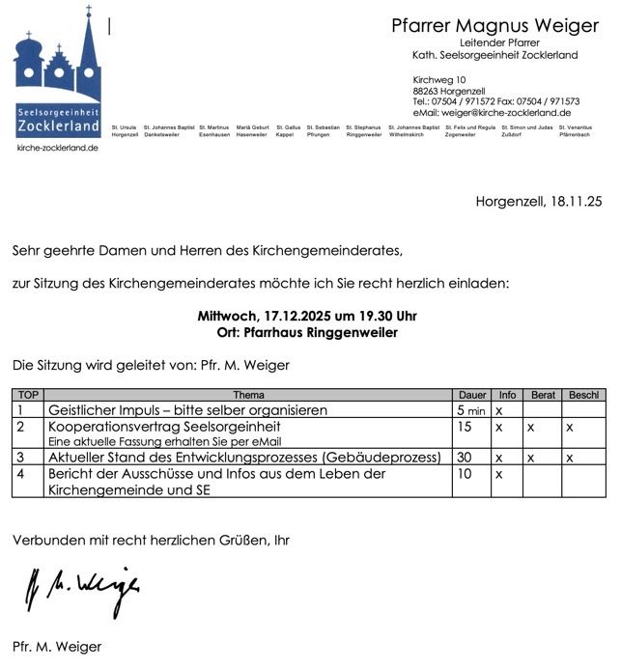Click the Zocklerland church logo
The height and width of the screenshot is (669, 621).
pyautogui.click(x=57, y=73)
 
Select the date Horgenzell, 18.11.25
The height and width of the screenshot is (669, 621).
pyautogui.click(x=538, y=202)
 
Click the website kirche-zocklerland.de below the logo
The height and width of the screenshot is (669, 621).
pyautogui.click(x=57, y=148)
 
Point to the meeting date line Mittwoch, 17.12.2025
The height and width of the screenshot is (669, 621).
pyautogui.click(x=307, y=317)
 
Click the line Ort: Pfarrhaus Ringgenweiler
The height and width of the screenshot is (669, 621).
pyautogui.click(x=307, y=333)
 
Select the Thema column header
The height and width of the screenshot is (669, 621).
pyautogui.click(x=248, y=395)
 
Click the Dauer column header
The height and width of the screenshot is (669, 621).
pyautogui.click(x=472, y=395)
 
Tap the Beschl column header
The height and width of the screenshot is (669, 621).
pyautogui.click(x=583, y=395)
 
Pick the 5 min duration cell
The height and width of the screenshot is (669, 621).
pyautogui.click(x=471, y=410)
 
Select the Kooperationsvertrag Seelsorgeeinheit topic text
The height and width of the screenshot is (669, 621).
pyautogui.click(x=164, y=426)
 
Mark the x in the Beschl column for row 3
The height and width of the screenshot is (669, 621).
pyautogui.click(x=570, y=457)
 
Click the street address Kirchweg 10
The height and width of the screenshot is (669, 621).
pyautogui.click(x=438, y=79)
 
